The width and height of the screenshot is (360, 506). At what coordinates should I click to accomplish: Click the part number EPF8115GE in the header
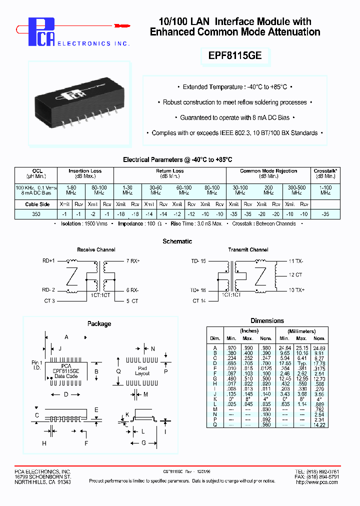tap(234, 56)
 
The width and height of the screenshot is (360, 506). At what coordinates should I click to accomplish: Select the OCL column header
tap(37, 171)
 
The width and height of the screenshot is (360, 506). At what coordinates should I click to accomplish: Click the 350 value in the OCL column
tap(36, 213)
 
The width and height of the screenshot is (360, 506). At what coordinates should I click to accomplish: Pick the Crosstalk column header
tap(325, 171)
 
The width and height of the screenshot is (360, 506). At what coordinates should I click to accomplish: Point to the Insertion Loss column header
tap(85, 171)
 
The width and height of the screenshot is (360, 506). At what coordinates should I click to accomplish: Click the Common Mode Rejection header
tap(268, 171)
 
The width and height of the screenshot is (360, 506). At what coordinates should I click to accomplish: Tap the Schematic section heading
tap(177, 241)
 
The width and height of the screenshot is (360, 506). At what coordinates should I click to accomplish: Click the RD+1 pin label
tap(48, 261)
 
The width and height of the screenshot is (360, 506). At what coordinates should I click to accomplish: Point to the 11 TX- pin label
tap(296, 261)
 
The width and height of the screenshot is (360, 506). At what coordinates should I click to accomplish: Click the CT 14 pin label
tap(199, 301)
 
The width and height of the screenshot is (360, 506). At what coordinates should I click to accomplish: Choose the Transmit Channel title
tap(248, 249)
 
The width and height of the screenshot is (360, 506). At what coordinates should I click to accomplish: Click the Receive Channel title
tap(96, 249)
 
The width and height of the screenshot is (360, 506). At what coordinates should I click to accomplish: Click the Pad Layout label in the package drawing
tap(142, 370)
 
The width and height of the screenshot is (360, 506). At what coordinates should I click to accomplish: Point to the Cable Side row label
tap(37, 204)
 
